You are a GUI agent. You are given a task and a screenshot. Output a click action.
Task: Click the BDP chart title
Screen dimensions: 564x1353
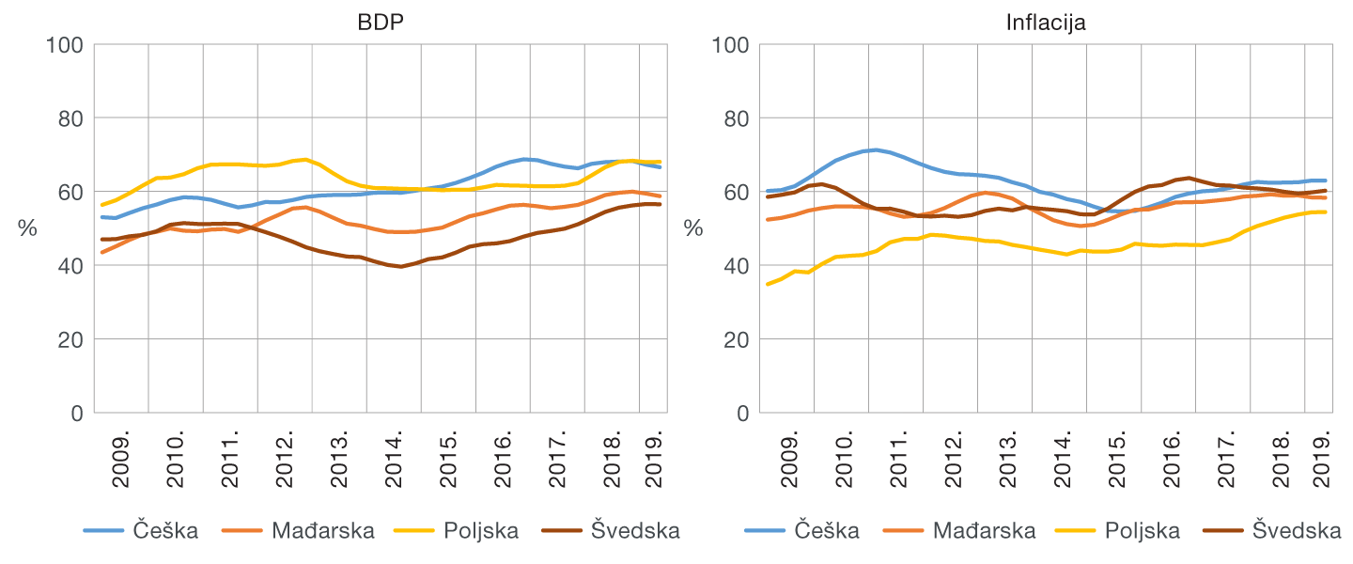point(381,22)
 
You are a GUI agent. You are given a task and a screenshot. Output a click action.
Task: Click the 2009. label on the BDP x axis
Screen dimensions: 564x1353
point(122,460)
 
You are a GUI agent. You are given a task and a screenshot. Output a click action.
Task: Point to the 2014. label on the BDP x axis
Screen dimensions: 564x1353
point(395,460)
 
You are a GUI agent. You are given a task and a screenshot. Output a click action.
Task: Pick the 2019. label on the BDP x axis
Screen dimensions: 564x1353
point(655,460)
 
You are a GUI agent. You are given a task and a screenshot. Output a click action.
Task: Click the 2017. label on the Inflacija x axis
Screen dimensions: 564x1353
point(1226,460)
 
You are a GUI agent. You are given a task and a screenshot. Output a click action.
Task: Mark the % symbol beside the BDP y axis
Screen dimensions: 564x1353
point(27,228)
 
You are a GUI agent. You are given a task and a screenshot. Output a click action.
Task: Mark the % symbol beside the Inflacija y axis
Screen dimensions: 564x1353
point(692,228)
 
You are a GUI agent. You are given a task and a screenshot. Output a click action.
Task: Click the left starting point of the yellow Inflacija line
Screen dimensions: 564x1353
point(768,284)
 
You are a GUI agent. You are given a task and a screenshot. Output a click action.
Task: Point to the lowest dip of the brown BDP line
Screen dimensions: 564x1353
point(401,266)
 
